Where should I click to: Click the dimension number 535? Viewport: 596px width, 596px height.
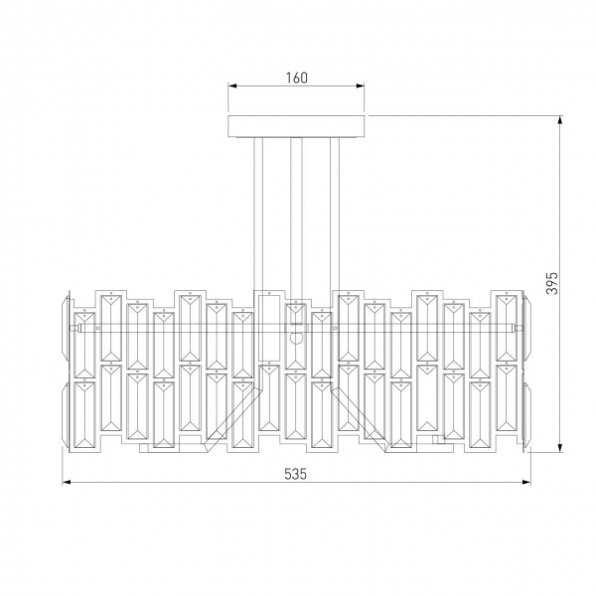pyautogui.click(x=295, y=473)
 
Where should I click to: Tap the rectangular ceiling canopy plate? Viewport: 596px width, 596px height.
pyautogui.click(x=296, y=126)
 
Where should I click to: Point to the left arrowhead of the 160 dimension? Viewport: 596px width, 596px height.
pyautogui.click(x=232, y=87)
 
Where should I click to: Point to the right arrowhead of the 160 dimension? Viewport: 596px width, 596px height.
pyautogui.click(x=361, y=87)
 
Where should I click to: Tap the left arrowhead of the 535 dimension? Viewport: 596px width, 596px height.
pyautogui.click(x=67, y=483)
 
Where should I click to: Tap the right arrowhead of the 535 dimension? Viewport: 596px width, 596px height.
pyautogui.click(x=526, y=483)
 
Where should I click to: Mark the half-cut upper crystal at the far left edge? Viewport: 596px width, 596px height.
pyautogui.click(x=67, y=328)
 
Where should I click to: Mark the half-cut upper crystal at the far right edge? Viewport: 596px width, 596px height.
pyautogui.click(x=525, y=328)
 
